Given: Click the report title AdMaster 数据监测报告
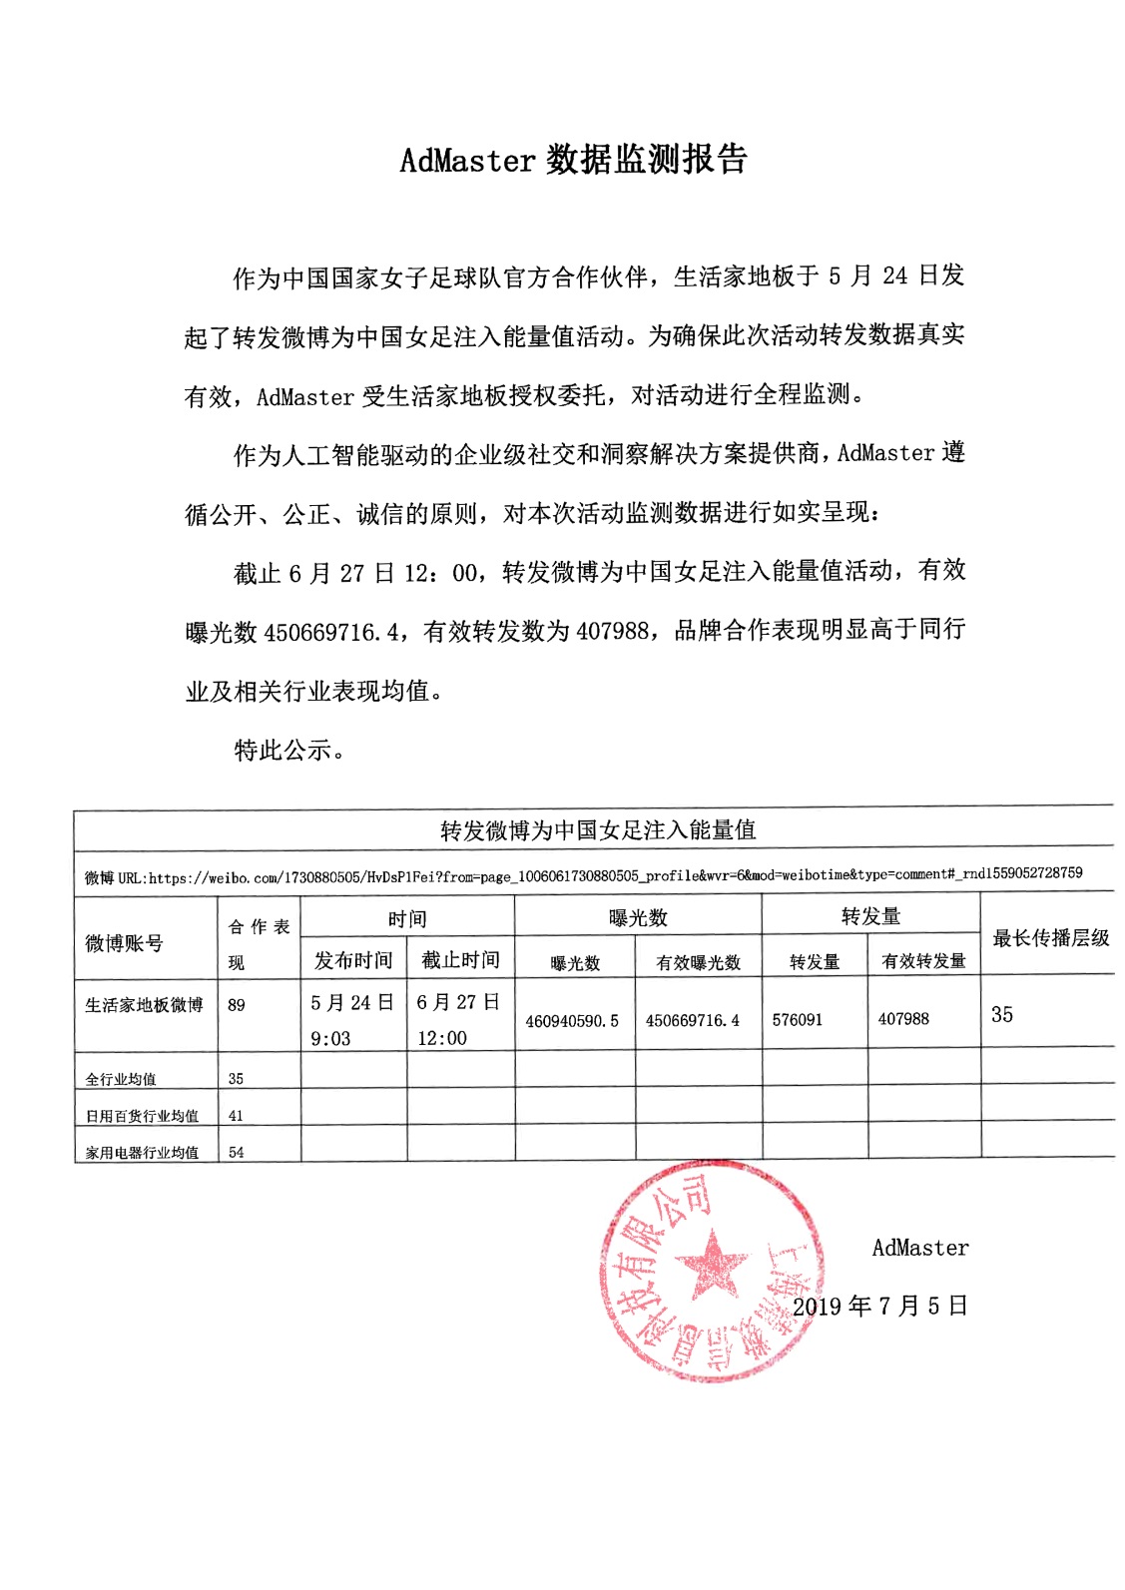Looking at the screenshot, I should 573,160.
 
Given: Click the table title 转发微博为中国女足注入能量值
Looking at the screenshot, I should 598,830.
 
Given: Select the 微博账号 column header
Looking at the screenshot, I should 124,943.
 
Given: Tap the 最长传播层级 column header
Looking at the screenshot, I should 1050,938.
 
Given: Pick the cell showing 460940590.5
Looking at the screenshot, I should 572,1021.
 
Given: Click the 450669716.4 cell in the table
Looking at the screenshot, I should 693,1021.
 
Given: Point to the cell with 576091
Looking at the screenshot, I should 798,1020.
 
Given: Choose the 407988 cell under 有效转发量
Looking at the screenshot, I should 903,1019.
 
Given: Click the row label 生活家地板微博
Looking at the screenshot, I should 144,1005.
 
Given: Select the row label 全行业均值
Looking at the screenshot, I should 121,1079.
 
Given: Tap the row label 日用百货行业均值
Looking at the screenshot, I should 142,1116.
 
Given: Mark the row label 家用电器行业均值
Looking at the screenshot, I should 142,1153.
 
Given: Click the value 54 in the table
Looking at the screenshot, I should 237,1153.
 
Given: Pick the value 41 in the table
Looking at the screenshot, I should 237,1116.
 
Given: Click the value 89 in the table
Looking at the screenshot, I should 237,1005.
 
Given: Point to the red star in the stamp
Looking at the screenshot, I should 711,1266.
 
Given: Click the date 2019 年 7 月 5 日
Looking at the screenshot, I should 880,1307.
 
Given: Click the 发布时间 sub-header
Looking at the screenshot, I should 353,960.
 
